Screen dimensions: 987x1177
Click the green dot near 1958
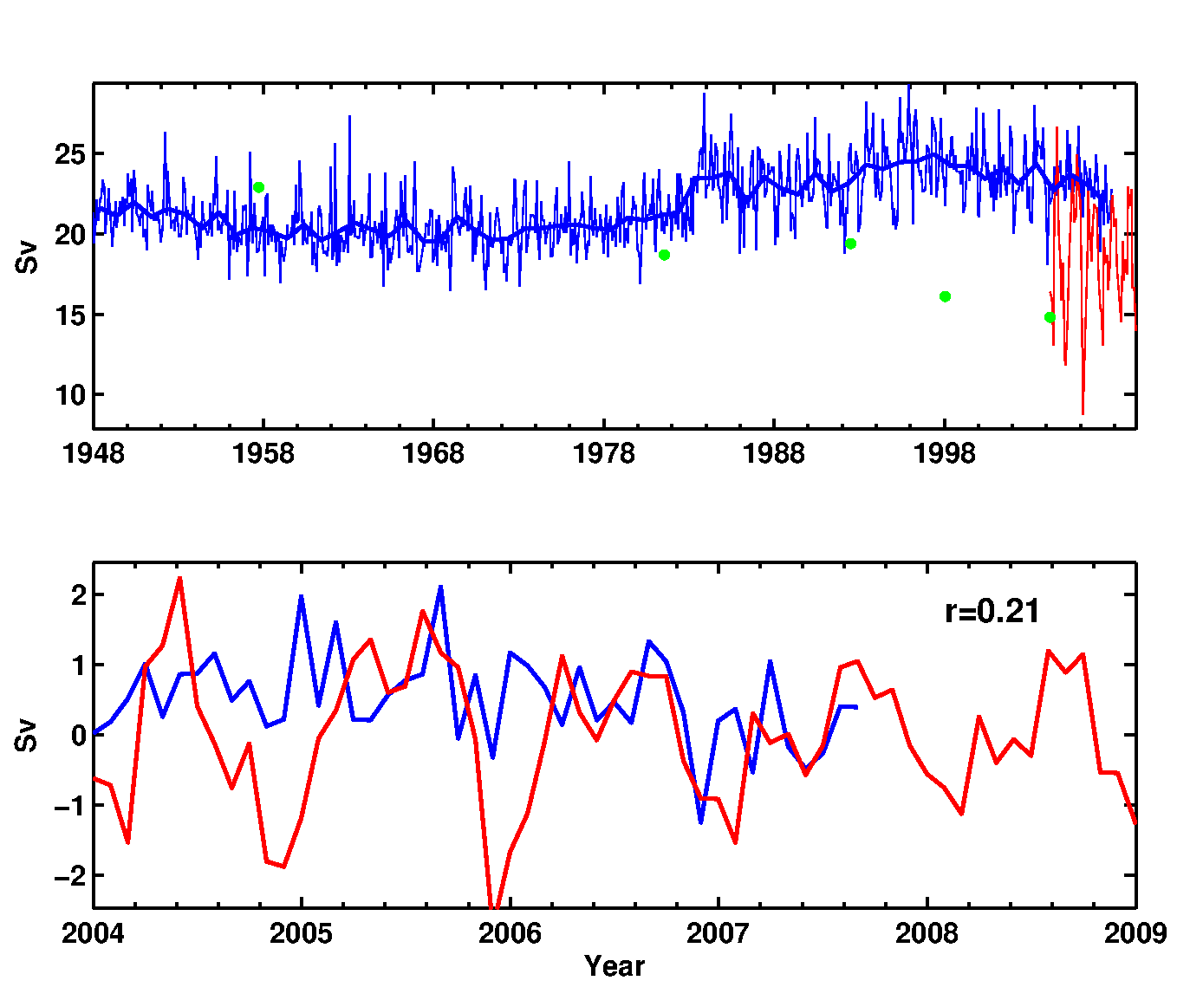(258, 187)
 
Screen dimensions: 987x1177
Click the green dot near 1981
(664, 255)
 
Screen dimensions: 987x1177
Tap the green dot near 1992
(850, 244)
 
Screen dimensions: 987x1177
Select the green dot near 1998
(945, 296)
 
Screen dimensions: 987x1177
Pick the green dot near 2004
(1050, 317)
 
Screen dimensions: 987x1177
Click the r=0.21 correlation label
(992, 612)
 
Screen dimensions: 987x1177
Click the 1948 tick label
(94, 453)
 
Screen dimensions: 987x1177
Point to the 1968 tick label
(433, 453)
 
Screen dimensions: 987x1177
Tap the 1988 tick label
(774, 453)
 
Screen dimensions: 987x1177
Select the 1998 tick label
(944, 453)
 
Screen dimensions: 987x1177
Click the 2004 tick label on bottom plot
(94, 933)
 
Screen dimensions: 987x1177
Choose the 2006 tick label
(510, 933)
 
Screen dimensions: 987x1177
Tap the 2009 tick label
(1135, 933)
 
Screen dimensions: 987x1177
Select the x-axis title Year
(615, 966)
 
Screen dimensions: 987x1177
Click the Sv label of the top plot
(27, 256)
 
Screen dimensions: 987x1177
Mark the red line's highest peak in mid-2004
(179, 578)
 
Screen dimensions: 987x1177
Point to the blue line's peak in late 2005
(440, 587)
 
